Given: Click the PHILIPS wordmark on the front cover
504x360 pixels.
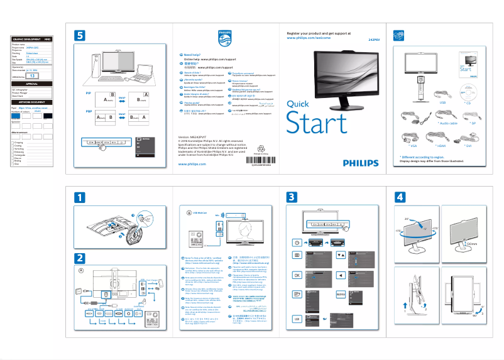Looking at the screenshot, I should point(361,161).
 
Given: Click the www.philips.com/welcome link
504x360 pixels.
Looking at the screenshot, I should point(308,38).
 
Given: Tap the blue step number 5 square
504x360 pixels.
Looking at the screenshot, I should point(80,36).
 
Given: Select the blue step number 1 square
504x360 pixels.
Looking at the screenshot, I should point(80,197).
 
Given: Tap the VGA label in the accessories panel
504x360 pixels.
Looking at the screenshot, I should point(414,145).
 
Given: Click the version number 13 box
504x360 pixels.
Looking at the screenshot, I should point(35,75).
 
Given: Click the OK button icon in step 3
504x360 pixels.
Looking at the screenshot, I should point(297,275).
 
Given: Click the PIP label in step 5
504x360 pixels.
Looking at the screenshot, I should point(88,93).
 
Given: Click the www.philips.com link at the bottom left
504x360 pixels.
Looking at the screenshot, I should point(192,163).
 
